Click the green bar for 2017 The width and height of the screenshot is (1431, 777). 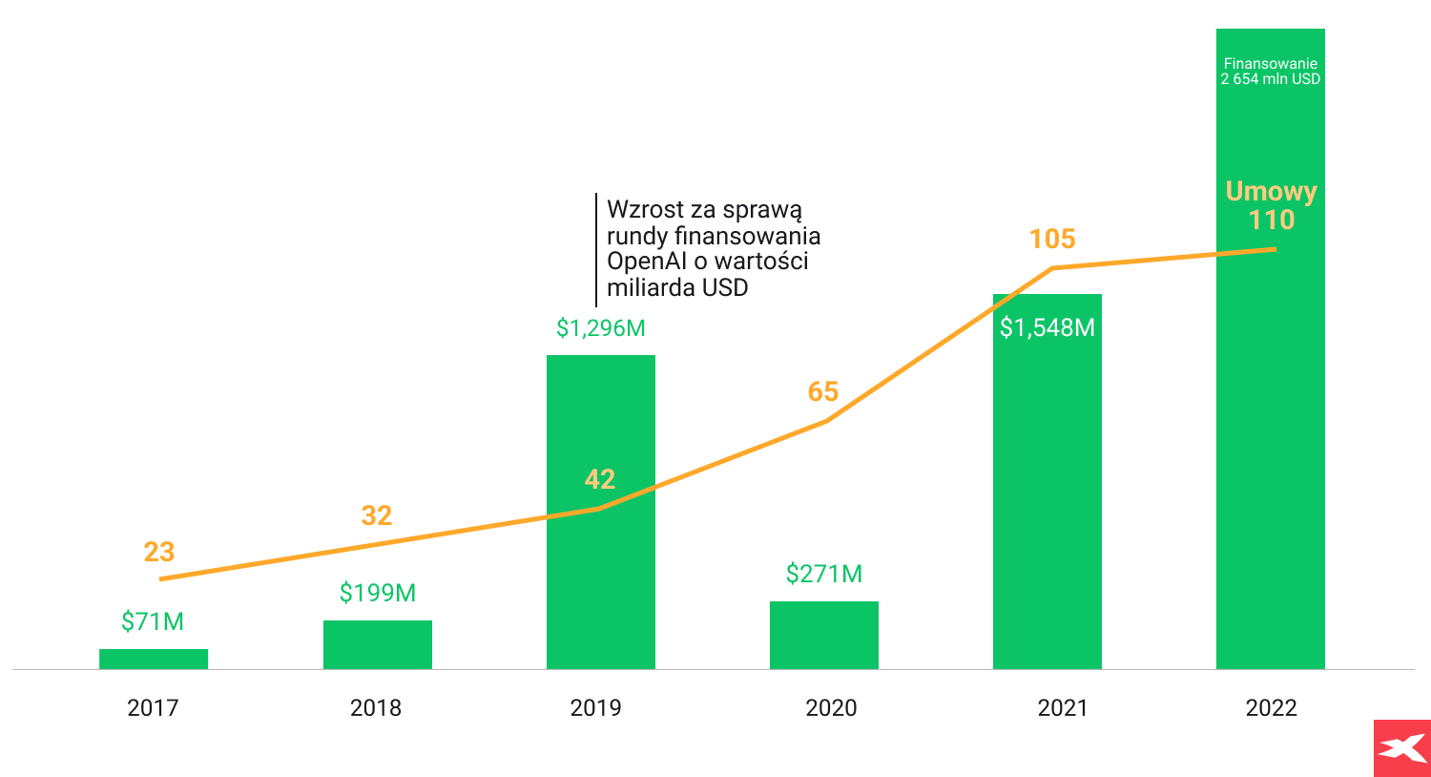click(154, 659)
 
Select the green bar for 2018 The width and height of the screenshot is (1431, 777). click(377, 644)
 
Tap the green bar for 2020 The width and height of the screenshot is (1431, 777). click(824, 635)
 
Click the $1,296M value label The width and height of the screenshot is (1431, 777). click(601, 328)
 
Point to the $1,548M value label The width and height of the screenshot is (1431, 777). click(1047, 327)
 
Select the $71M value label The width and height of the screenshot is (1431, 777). click(153, 621)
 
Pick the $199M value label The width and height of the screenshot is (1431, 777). click(378, 593)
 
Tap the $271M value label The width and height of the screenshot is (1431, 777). click(824, 574)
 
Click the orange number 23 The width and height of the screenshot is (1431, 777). click(159, 552)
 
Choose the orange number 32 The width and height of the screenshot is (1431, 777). click(377, 515)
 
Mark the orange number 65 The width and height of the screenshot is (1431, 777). click(823, 391)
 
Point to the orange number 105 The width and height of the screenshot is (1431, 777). click(1052, 239)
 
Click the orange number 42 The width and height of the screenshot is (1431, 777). click(600, 479)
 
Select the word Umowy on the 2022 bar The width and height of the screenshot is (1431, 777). click(1271, 192)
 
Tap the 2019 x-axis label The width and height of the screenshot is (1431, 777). click(595, 707)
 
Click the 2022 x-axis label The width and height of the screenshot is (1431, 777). click(1271, 707)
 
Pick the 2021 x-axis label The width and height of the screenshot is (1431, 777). click(1063, 707)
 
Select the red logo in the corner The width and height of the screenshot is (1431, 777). click(1401, 747)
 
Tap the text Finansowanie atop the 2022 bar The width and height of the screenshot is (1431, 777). click(1271, 64)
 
